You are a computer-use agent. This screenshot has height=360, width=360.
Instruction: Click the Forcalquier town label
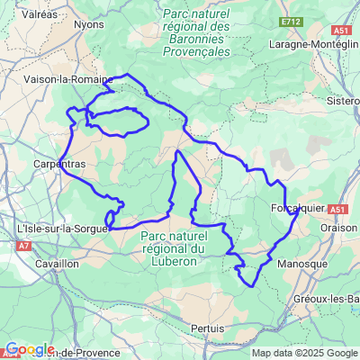coord(295,209)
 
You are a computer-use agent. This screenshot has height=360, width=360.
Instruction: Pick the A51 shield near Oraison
coord(337,209)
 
